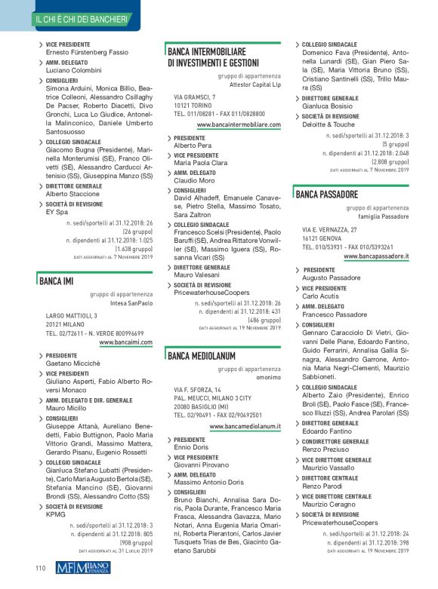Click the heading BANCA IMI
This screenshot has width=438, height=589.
tap(56, 283)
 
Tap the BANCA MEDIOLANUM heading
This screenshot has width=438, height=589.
tap(202, 354)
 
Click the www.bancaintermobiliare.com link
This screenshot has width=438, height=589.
tap(239, 124)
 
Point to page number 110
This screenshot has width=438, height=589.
tap(41, 568)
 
